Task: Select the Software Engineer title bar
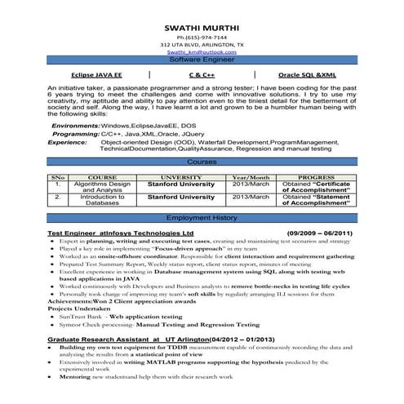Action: tap(202, 60)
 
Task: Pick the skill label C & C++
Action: tap(202, 74)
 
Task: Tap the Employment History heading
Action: tap(202, 219)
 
